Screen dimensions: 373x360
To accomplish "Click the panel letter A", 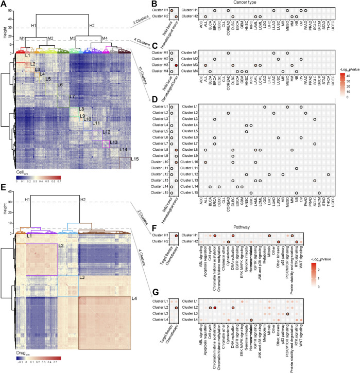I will point(3,4).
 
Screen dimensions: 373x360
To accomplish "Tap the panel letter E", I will point(3,189).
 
